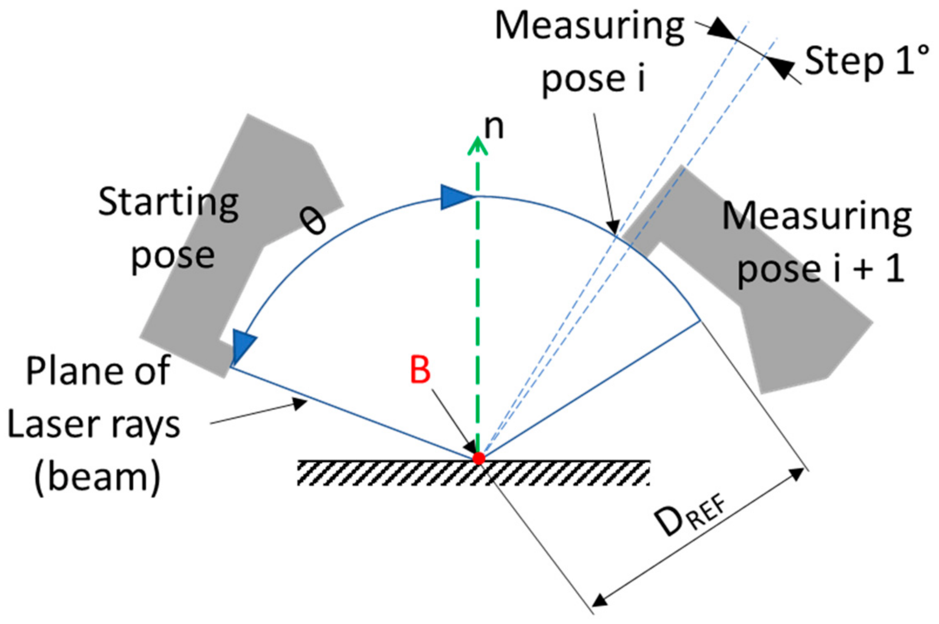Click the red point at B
[479, 458]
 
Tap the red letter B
[420, 370]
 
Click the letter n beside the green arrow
[494, 127]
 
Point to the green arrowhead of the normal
[477, 146]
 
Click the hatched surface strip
[473, 473]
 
